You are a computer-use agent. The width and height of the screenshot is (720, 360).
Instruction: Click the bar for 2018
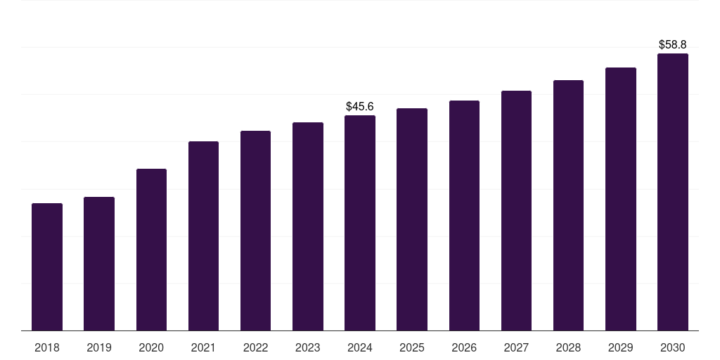click(47, 267)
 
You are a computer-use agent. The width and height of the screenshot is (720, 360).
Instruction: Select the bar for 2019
click(99, 264)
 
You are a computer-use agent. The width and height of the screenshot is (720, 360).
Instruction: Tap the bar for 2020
click(151, 250)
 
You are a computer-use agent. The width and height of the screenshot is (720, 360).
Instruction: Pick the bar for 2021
click(203, 236)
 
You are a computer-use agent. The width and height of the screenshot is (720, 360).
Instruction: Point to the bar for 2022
click(255, 231)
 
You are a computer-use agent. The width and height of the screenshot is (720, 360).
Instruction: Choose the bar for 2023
click(308, 226)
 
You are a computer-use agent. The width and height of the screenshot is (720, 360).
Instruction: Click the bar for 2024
click(360, 223)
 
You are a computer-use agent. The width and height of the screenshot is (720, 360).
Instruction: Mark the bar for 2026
click(464, 216)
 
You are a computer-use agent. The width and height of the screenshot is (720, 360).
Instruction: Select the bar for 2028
click(568, 205)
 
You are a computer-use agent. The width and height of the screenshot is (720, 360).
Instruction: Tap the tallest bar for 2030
click(672, 192)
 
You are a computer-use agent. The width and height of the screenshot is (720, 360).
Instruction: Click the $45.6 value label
click(360, 106)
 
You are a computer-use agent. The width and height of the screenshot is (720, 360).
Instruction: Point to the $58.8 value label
click(672, 44)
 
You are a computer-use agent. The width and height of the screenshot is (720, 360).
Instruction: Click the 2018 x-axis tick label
click(47, 347)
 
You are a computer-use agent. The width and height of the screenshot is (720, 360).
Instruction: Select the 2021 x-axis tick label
click(203, 347)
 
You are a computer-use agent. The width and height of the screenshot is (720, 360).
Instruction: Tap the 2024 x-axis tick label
click(360, 347)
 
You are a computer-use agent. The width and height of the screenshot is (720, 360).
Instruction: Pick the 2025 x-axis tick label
click(412, 347)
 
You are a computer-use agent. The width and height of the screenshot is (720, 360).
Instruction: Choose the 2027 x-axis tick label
click(516, 347)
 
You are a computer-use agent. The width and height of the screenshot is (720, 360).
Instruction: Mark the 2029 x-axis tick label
click(620, 347)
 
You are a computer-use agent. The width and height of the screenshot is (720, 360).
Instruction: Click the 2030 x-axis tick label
click(672, 347)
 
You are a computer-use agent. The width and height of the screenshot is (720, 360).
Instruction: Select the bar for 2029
click(620, 199)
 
